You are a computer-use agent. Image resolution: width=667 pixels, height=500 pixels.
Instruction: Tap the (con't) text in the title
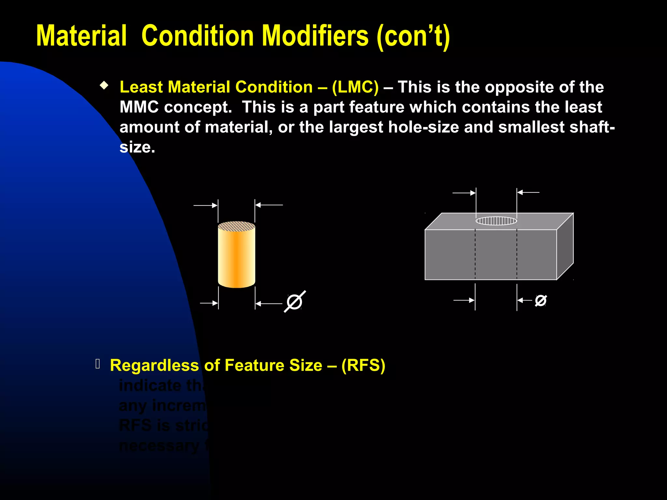(x=413, y=36)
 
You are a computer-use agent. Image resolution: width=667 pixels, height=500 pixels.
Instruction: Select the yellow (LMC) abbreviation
(x=355, y=87)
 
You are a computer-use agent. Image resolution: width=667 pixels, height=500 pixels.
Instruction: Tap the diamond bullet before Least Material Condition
(x=104, y=86)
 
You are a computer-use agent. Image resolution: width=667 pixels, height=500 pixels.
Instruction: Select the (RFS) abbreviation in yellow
(x=363, y=365)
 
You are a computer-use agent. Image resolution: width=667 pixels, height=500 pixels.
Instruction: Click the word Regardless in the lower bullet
(x=154, y=365)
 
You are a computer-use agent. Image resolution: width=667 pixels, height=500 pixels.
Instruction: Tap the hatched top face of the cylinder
(x=236, y=227)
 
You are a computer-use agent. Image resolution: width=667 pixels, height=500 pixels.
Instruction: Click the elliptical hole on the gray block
(x=496, y=221)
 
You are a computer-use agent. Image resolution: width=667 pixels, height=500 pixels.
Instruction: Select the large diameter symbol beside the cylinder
(x=295, y=301)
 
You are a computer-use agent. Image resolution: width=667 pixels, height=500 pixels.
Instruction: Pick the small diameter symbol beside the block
(x=541, y=300)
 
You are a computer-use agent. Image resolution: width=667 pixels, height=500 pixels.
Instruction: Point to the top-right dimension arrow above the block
(x=528, y=192)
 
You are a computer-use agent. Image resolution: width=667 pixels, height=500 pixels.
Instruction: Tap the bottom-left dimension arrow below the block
(x=464, y=300)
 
